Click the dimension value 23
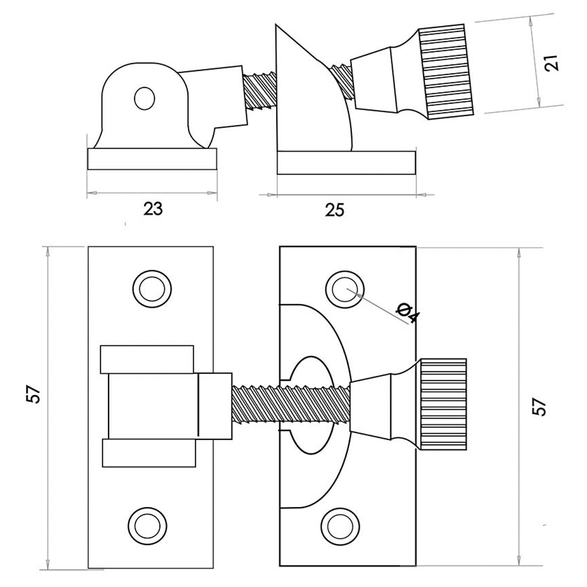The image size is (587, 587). click(x=153, y=209)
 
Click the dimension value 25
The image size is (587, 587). click(x=335, y=210)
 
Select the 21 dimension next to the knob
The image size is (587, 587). click(x=552, y=63)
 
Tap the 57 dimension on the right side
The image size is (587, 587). click(x=539, y=406)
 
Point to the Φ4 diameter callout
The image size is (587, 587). click(x=408, y=313)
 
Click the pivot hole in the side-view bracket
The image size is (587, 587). click(x=144, y=98)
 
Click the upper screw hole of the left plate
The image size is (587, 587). click(x=152, y=289)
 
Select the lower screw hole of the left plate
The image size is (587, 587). click(x=147, y=526)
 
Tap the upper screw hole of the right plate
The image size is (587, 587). click(x=345, y=289)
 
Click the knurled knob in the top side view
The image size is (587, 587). click(x=446, y=71)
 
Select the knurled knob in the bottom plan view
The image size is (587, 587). click(x=443, y=404)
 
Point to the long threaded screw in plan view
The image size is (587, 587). click(x=291, y=404)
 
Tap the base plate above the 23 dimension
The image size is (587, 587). click(x=152, y=159)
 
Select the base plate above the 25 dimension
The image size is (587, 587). click(x=346, y=163)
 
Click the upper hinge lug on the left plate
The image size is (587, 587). click(x=147, y=360)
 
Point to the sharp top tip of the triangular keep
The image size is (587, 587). click(x=276, y=24)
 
